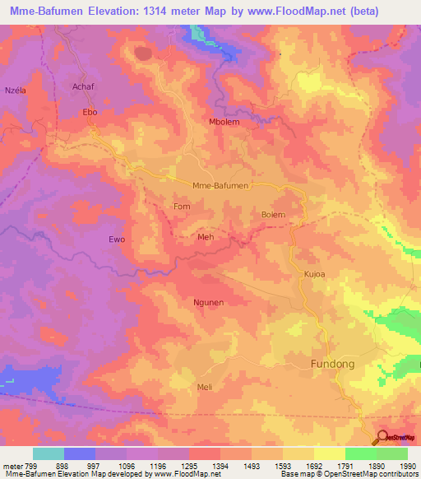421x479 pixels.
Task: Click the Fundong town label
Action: click(335, 363)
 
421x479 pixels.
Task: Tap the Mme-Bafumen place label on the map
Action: click(220, 185)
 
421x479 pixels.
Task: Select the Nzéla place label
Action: click(16, 90)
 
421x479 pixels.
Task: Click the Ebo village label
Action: click(90, 112)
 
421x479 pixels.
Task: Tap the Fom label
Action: click(182, 207)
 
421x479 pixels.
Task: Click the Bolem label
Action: click(273, 214)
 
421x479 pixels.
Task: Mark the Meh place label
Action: click(206, 237)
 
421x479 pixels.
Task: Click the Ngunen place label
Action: click(208, 302)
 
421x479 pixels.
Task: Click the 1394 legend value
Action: click(221, 466)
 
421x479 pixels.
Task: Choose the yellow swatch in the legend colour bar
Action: click(329, 453)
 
